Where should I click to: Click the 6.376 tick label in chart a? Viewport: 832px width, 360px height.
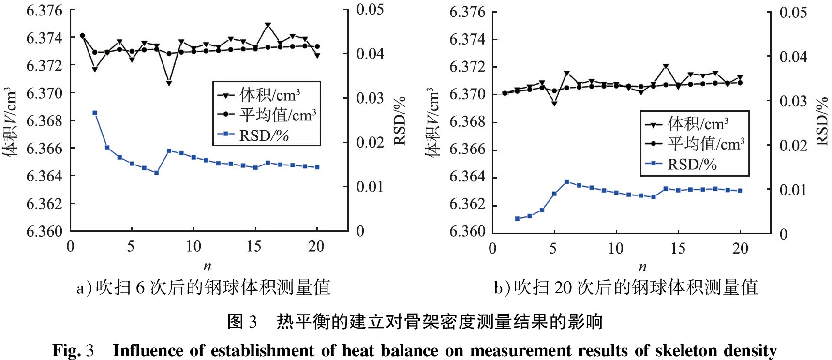tap(45, 11)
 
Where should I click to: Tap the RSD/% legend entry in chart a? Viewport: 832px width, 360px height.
tap(264, 135)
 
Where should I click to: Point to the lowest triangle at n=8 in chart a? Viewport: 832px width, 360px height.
tap(169, 83)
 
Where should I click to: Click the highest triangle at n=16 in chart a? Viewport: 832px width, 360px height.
tap(267, 25)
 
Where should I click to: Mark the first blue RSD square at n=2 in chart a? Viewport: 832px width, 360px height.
tap(95, 113)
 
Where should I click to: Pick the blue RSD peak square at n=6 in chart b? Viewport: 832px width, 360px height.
tap(567, 182)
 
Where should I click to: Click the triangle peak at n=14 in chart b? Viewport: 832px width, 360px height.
tap(666, 66)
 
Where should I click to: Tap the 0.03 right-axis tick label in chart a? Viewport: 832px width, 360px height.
tap(370, 98)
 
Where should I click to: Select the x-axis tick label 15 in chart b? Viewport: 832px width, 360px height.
tap(678, 248)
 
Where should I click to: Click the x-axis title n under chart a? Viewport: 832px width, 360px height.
tap(207, 266)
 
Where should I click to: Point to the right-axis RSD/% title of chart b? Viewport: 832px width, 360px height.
tap(822, 121)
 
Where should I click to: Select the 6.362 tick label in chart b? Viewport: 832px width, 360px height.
tap(467, 204)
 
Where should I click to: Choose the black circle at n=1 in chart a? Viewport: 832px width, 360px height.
tap(82, 36)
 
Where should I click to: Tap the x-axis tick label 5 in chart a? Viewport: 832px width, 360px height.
tap(131, 246)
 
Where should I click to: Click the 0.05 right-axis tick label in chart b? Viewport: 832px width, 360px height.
tap(793, 13)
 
